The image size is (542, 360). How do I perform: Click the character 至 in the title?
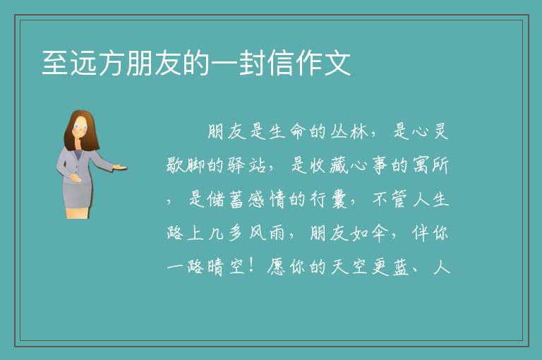click(x=54, y=63)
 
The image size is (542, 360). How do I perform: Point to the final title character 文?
click(x=337, y=63)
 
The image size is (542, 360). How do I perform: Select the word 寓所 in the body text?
click(x=431, y=166)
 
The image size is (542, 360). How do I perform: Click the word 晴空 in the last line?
click(x=227, y=267)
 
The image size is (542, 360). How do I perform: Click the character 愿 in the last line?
click(x=277, y=267)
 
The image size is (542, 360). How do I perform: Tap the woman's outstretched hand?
click(x=119, y=167)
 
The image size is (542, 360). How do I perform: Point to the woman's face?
click(x=80, y=127)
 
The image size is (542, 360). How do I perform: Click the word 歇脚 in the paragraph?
click(x=186, y=166)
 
